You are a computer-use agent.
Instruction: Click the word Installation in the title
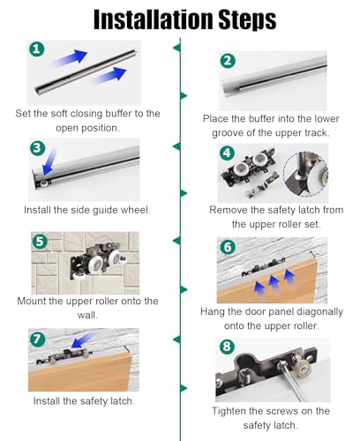(154, 19)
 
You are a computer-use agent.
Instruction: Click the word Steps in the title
(247, 20)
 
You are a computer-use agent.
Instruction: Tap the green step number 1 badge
(37, 49)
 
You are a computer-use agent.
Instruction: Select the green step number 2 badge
(228, 61)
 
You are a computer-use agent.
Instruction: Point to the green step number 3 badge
(37, 148)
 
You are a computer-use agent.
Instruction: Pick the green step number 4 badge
(228, 153)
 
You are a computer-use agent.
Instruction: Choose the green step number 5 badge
(40, 242)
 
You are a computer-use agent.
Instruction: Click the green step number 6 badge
(228, 247)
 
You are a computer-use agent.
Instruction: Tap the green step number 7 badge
(37, 340)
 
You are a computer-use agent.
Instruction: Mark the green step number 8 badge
(227, 347)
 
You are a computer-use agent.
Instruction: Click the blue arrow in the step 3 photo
(49, 162)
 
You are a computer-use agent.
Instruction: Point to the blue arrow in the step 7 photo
(83, 340)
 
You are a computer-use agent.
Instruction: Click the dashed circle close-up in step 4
(305, 175)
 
